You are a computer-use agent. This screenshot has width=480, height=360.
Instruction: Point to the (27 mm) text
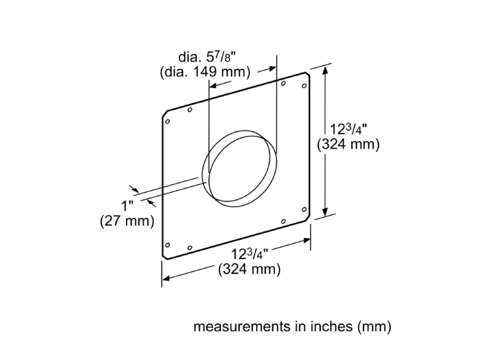coord(127,221)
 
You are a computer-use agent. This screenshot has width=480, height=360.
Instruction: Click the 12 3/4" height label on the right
coord(355,129)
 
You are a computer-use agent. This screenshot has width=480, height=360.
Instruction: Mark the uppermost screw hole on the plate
coord(283,83)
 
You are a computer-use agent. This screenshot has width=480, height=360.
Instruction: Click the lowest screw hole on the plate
coord(190,247)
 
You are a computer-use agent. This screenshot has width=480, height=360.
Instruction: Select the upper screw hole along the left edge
coord(168,122)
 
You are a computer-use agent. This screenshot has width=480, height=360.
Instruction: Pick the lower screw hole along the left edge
coord(167,244)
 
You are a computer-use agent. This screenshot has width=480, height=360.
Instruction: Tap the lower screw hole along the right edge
coord(305,209)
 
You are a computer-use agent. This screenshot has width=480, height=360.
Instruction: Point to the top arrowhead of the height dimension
coord(326,70)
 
